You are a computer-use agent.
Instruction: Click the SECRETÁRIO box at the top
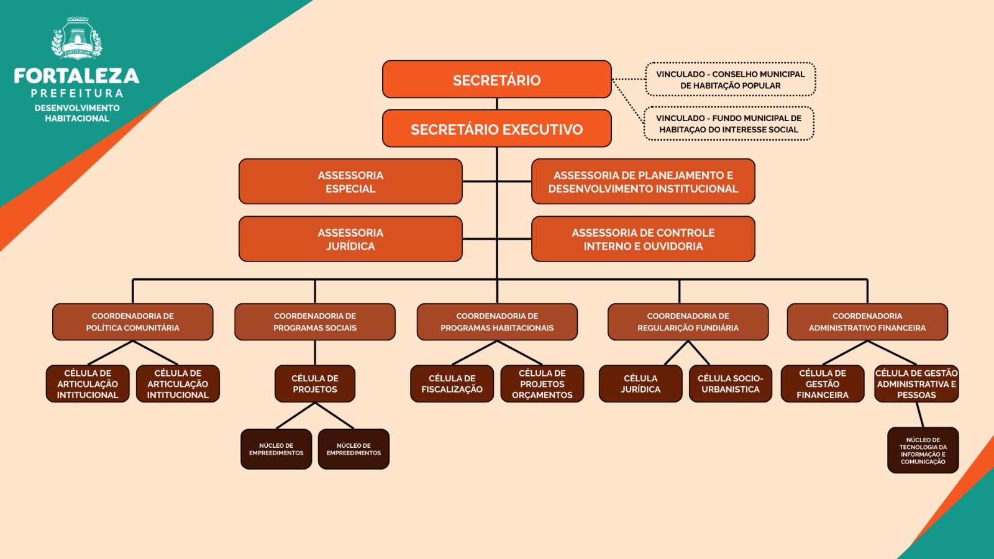[x=496, y=80]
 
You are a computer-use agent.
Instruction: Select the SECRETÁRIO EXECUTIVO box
[x=496, y=129]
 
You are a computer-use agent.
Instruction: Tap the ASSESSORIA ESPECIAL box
[x=350, y=181]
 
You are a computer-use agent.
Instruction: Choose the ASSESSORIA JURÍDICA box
[x=350, y=239]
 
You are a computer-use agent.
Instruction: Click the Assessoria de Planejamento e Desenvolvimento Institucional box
[x=643, y=181]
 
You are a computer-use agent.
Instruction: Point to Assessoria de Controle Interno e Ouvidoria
[x=643, y=239]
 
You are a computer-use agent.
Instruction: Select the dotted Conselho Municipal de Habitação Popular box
[x=730, y=80]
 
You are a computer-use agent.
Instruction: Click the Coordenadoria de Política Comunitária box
[x=132, y=322]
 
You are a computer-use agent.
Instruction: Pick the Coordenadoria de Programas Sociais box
[x=315, y=322]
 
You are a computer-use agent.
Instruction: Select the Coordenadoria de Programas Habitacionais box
[x=497, y=322]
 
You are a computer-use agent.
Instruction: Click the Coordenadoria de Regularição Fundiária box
[x=688, y=322]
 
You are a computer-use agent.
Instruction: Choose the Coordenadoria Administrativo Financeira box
[x=867, y=322]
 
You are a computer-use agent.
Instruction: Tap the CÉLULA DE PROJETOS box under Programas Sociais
[x=315, y=384]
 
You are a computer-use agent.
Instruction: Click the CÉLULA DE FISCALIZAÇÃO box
[x=452, y=384]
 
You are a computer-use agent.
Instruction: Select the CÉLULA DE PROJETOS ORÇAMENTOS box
[x=542, y=384]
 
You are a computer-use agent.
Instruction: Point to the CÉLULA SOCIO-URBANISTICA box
[x=730, y=384]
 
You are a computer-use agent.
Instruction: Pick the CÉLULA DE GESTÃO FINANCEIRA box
[x=823, y=384]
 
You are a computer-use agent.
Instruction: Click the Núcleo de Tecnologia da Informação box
[x=923, y=450]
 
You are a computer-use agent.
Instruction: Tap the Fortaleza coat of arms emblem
[x=77, y=39]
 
